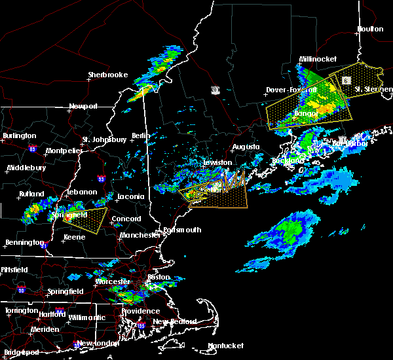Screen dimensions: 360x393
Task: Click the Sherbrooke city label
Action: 107,75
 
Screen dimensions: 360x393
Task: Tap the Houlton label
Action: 370,29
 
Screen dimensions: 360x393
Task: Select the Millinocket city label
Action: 318,58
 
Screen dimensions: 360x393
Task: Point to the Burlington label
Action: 19,135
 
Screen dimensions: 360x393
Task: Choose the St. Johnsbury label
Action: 104,139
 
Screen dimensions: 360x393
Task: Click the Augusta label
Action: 246,147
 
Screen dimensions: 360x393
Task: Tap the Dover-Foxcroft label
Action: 291,90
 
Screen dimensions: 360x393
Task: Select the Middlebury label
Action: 26,168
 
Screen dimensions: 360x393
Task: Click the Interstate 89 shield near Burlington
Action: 32,149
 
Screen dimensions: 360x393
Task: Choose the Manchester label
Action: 140,234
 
